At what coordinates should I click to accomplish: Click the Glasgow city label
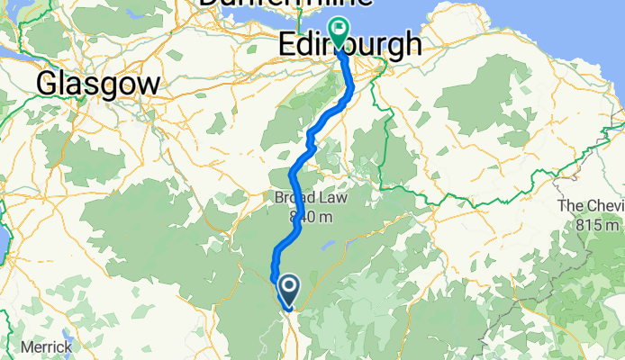coord(99,85)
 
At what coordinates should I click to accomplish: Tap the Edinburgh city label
coord(349,44)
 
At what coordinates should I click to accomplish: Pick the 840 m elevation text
coord(305,217)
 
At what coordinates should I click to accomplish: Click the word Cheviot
coord(603,206)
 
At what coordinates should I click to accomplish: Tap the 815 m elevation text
coord(595,224)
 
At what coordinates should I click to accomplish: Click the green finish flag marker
coord(339,33)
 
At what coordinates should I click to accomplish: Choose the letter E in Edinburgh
coord(288,44)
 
